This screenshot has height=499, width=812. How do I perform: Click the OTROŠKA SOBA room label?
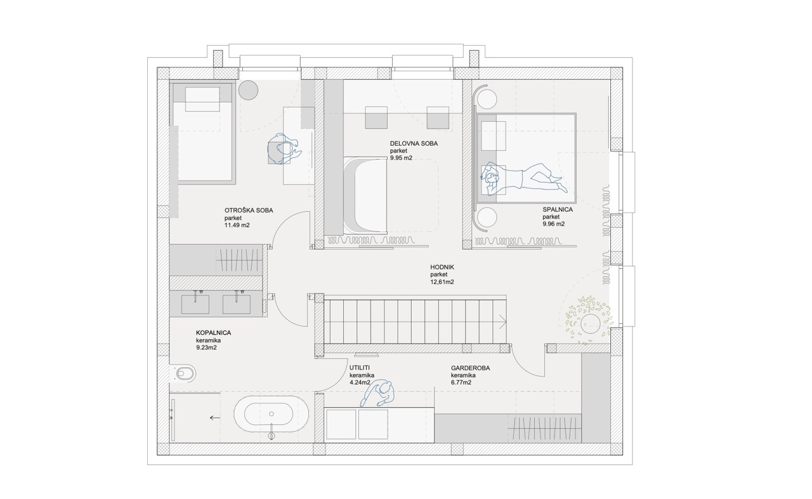(248, 210)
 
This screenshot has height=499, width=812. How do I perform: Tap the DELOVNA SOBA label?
(414, 143)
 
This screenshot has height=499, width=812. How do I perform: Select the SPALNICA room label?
(558, 209)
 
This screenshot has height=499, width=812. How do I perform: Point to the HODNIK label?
(442, 267)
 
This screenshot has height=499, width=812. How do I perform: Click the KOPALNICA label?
(213, 333)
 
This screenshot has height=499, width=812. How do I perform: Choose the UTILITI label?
(360, 368)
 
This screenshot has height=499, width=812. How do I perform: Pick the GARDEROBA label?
(470, 368)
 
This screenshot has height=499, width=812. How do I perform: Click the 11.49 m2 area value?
(237, 225)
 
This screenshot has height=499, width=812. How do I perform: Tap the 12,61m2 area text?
(442, 282)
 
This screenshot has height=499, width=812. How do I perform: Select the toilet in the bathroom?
(183, 373)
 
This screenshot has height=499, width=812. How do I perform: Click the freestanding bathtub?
(271, 414)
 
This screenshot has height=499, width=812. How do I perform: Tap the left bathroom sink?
(195, 304)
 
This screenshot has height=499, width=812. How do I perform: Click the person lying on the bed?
(522, 179)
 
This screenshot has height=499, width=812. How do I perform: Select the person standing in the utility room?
(377, 393)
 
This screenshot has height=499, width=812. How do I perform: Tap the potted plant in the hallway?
(589, 321)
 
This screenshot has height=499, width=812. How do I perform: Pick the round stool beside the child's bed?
(248, 90)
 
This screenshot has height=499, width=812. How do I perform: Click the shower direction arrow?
(215, 418)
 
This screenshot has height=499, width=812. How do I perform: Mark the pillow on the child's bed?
(202, 99)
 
